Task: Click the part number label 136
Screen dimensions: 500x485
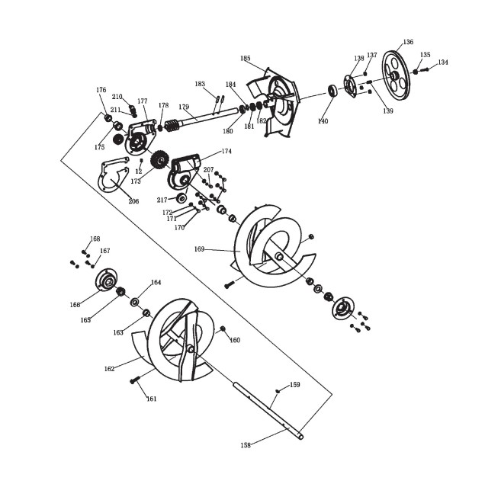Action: (x=409, y=42)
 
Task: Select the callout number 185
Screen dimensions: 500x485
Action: (x=245, y=59)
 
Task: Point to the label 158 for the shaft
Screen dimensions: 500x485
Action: (x=246, y=444)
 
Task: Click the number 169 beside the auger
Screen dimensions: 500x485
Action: (x=200, y=248)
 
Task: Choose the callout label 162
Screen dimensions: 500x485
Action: (x=110, y=369)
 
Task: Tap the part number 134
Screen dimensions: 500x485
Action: (x=443, y=62)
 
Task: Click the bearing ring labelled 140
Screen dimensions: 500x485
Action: (x=333, y=91)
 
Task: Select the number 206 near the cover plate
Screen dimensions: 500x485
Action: (x=133, y=201)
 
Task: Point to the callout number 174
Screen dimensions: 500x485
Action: (x=226, y=152)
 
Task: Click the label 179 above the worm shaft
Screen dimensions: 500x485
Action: (x=184, y=107)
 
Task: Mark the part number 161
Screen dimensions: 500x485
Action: (x=152, y=399)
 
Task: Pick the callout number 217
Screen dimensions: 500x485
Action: (x=162, y=200)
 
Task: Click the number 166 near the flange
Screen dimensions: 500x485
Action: (x=75, y=305)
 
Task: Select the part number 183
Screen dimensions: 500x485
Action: (x=200, y=84)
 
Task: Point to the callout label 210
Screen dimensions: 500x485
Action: (x=117, y=97)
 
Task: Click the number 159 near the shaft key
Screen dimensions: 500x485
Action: (x=295, y=385)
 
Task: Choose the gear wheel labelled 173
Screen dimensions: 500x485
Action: (x=159, y=160)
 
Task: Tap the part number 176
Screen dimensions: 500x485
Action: (x=101, y=90)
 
